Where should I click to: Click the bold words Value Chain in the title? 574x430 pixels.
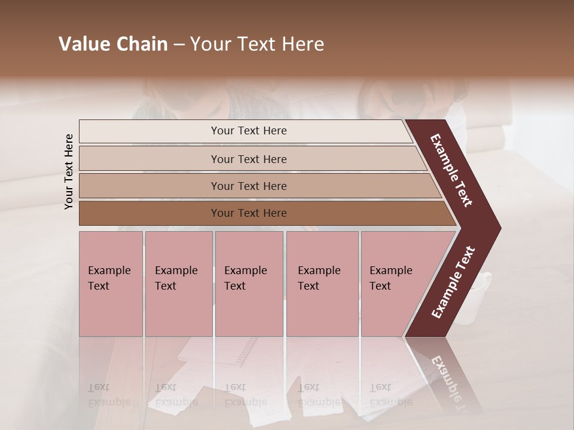pyautogui.click(x=113, y=45)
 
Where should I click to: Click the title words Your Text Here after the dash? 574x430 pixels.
pyautogui.click(x=257, y=45)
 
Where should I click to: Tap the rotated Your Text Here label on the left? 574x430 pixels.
pyautogui.click(x=69, y=171)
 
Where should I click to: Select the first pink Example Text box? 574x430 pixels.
pyautogui.click(x=111, y=284)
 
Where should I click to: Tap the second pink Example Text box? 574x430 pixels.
pyautogui.click(x=178, y=284)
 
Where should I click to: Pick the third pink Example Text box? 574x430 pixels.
pyautogui.click(x=249, y=284)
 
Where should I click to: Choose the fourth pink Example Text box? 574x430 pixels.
pyautogui.click(x=322, y=284)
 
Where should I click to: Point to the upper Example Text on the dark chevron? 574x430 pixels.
pyautogui.click(x=452, y=170)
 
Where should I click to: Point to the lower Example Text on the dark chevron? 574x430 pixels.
pyautogui.click(x=453, y=282)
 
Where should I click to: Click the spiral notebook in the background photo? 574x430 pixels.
pyautogui.click(x=245, y=352)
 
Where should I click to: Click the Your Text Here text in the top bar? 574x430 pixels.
pyautogui.click(x=249, y=131)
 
